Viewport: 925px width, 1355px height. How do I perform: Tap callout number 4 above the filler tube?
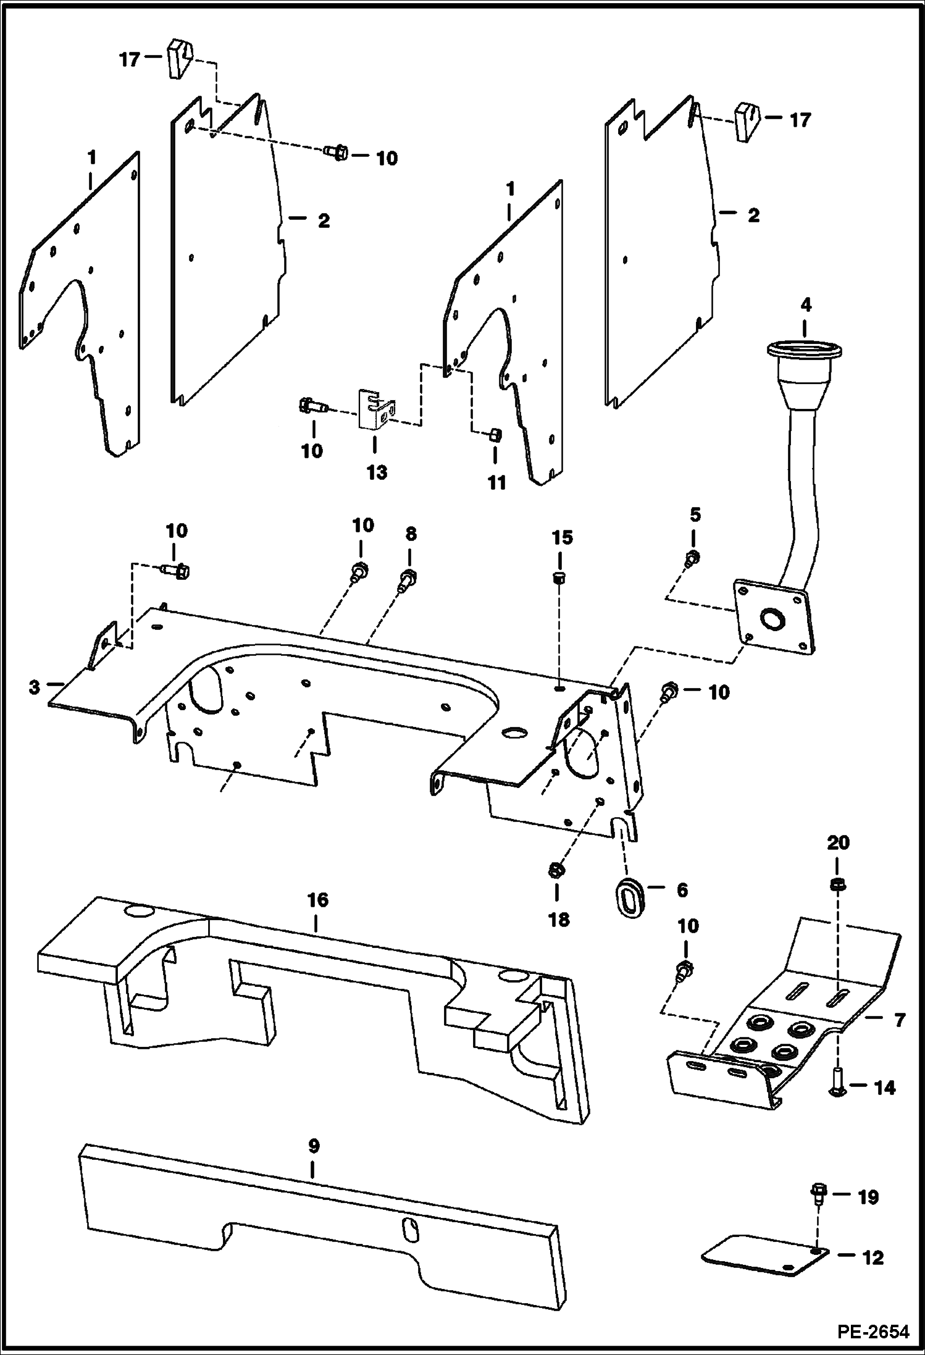point(806,305)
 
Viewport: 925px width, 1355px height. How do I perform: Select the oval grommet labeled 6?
point(629,891)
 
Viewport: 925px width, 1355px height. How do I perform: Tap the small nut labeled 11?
point(495,435)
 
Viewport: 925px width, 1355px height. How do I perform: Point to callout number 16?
point(317,900)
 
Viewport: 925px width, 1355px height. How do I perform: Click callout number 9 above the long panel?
point(313,1147)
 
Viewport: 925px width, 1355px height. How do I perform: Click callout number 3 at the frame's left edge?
point(35,686)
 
